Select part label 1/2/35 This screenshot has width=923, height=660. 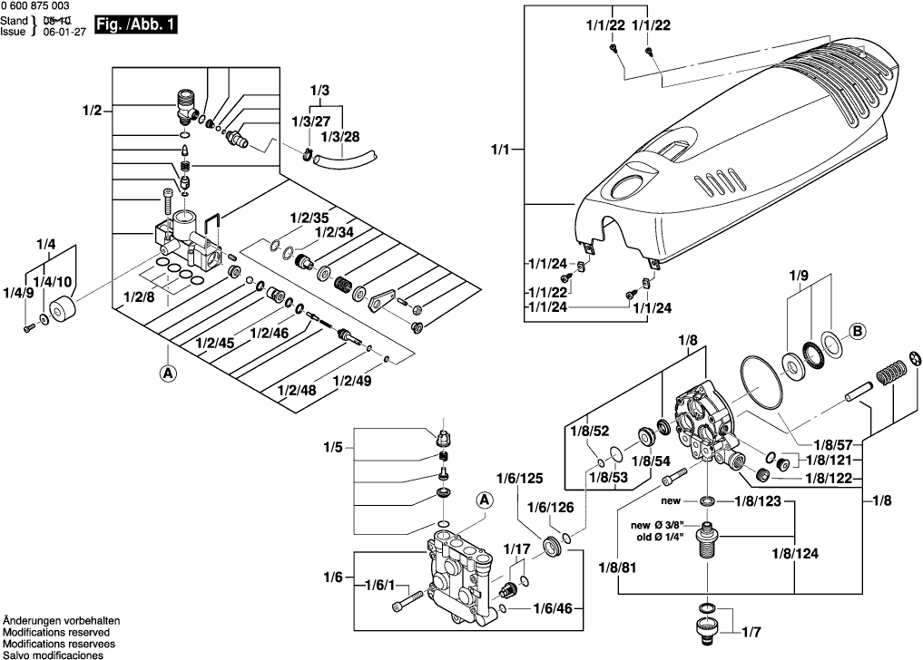(x=309, y=218)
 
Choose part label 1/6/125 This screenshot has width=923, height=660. (x=518, y=478)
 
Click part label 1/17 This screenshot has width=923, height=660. (x=516, y=548)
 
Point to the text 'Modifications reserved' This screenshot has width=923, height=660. (x=55, y=632)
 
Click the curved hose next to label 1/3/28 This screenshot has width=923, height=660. (x=344, y=160)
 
